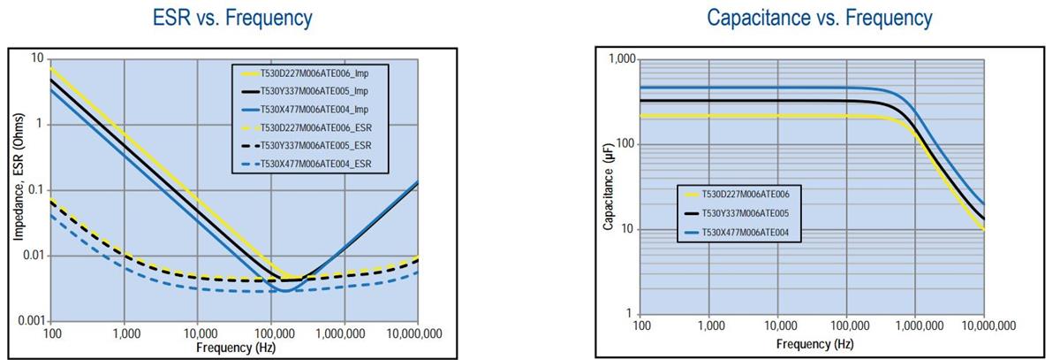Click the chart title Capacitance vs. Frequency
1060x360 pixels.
[820, 18]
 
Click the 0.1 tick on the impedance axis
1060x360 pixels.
[35, 189]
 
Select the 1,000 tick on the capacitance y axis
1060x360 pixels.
[623, 59]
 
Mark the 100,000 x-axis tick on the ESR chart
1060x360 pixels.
[271, 333]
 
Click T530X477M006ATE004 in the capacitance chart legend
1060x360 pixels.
[751, 233]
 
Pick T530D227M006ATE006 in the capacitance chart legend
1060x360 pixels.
[751, 194]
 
